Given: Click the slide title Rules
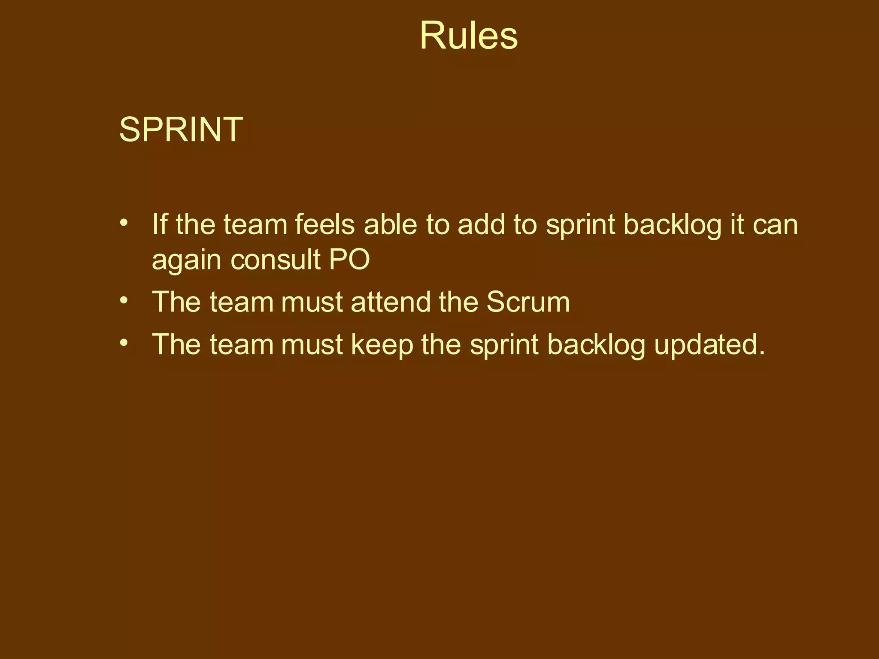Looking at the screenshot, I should coord(468,36).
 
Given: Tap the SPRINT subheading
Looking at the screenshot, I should coord(181,129).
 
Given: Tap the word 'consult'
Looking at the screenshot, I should coord(276,259).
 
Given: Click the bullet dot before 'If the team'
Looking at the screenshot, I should coord(124,223).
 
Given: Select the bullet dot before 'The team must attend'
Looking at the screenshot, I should coord(124,300).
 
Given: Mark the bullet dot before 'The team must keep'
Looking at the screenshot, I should coord(124,342).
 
